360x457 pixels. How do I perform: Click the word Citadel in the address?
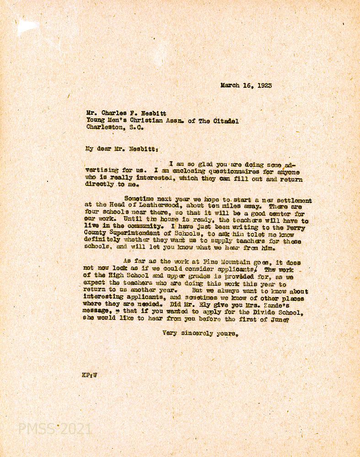[x=225, y=121]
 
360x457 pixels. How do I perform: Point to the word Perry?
[x=299, y=227]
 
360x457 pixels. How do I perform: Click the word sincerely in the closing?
[x=198, y=334]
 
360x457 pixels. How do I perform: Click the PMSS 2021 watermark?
[x=55, y=429]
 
